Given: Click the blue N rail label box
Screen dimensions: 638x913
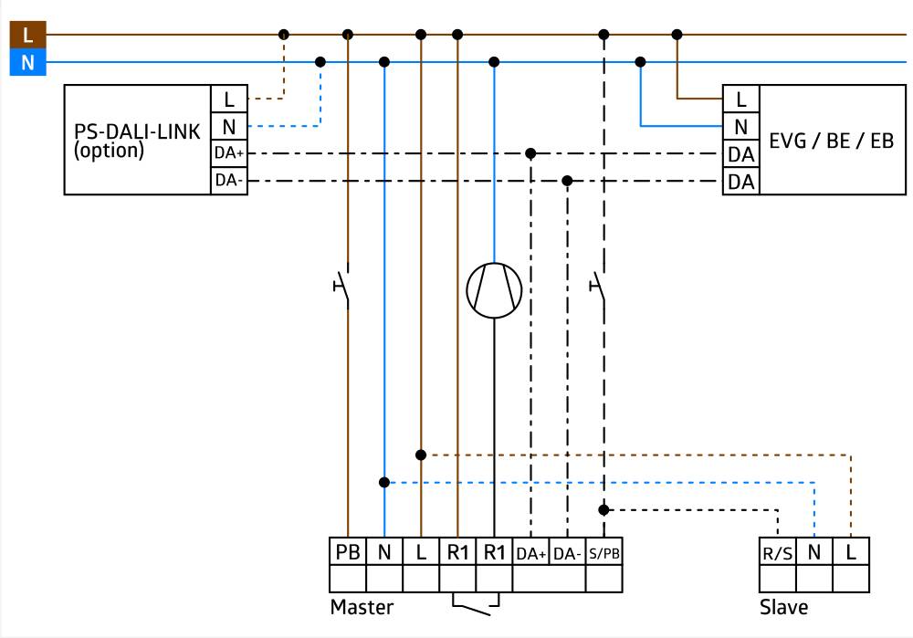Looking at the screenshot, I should pyautogui.click(x=26, y=64).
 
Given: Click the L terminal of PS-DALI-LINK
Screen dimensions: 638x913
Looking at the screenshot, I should pyautogui.click(x=228, y=99).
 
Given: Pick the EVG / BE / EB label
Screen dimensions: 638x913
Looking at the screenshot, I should pyautogui.click(x=832, y=141).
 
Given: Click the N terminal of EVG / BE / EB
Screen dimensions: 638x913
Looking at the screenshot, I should pyautogui.click(x=740, y=126).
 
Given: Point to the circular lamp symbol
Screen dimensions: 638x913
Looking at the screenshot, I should pyautogui.click(x=494, y=290).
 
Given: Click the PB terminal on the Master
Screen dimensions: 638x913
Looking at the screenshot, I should pyautogui.click(x=348, y=552).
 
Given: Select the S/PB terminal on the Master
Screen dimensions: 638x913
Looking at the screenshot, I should pyautogui.click(x=604, y=552).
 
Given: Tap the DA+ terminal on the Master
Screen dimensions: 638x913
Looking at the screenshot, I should pyautogui.click(x=530, y=552).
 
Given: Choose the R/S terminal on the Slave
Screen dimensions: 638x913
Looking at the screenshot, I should pyautogui.click(x=777, y=552).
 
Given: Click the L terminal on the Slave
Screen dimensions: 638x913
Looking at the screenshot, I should pyautogui.click(x=851, y=552).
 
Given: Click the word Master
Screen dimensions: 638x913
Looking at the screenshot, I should pyautogui.click(x=362, y=607).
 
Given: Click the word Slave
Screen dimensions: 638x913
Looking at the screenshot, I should pyautogui.click(x=783, y=607).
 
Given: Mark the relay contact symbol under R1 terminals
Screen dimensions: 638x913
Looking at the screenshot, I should pyautogui.click(x=476, y=604).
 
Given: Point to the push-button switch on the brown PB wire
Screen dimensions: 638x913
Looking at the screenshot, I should pyautogui.click(x=343, y=286).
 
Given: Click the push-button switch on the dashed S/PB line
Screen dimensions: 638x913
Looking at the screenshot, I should pyautogui.click(x=598, y=286).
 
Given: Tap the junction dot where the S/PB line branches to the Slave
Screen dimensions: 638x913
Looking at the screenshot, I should pyautogui.click(x=603, y=509).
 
